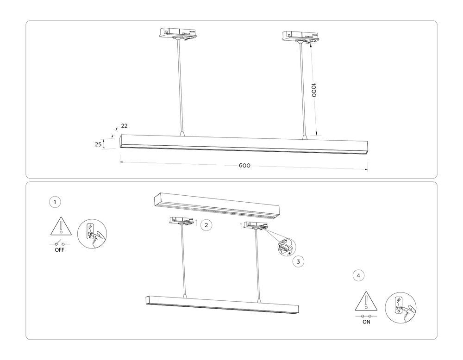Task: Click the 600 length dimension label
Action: (244, 166)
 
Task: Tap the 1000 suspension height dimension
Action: (313, 90)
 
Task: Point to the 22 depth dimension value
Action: (124, 126)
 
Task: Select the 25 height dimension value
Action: (98, 144)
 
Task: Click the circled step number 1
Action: (55, 202)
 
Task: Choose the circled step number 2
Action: (206, 225)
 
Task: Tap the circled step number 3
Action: (299, 261)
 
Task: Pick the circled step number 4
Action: (357, 275)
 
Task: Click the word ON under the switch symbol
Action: (366, 323)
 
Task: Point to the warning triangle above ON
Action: (366, 301)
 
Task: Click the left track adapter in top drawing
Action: (177, 35)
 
